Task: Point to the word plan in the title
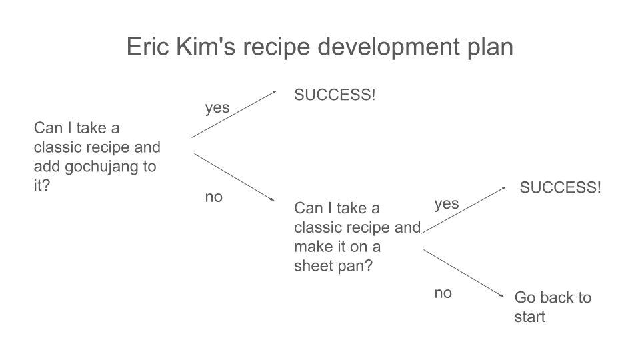pyautogui.click(x=489, y=47)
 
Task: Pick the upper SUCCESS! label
pyautogui.click(x=335, y=95)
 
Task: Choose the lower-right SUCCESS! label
pyautogui.click(x=560, y=187)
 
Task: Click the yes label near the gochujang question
pyautogui.click(x=217, y=108)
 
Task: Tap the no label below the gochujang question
pyautogui.click(x=214, y=197)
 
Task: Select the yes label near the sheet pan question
pyautogui.click(x=447, y=204)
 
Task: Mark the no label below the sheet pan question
pyautogui.click(x=443, y=293)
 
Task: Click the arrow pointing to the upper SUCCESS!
pyautogui.click(x=234, y=114)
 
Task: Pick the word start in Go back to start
pyautogui.click(x=530, y=317)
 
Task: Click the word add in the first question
pyautogui.click(x=46, y=167)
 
